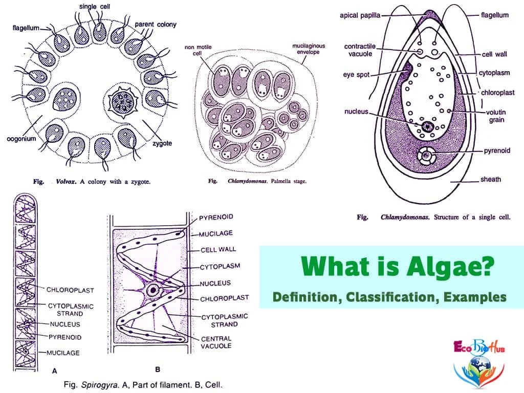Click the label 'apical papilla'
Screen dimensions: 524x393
360,15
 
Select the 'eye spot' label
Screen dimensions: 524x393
356,75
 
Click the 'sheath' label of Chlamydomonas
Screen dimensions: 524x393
490,179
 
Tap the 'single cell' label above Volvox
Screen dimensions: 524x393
94,6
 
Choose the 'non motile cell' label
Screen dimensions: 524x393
198,51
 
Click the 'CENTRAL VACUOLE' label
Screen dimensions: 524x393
216,342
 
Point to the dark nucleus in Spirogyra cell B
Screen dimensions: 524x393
152,290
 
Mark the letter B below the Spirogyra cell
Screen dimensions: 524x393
158,369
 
